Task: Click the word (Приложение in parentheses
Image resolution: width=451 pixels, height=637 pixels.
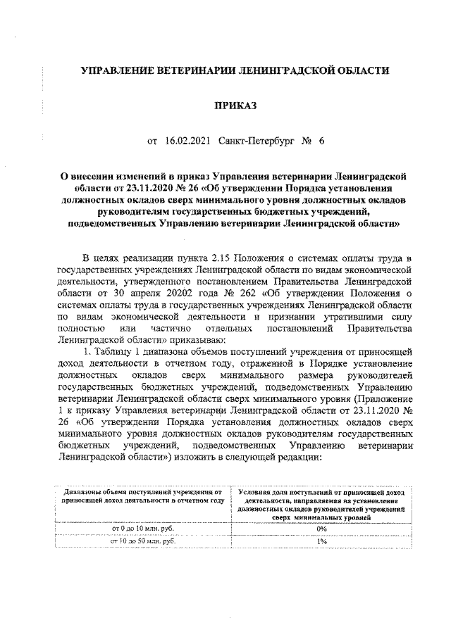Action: [x=377, y=397]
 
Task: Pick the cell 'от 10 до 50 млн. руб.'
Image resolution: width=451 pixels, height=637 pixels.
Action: [x=144, y=541]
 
